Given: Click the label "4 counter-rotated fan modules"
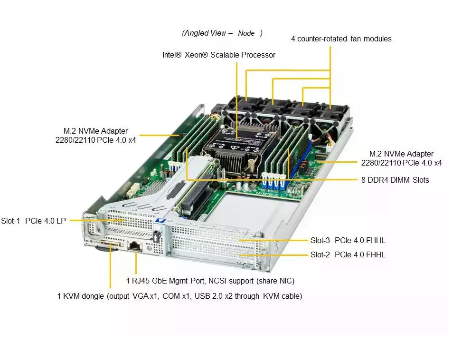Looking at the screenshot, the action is point(341,39).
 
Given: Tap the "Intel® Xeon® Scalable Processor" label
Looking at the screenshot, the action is point(219,55).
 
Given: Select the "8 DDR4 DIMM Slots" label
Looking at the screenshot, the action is point(395,180).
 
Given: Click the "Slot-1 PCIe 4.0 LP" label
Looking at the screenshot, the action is point(33,221).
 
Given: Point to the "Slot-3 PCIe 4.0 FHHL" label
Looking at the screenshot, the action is point(348,240).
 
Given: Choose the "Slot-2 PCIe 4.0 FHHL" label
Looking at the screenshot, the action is point(348,254).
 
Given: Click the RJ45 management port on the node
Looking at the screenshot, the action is point(135,246).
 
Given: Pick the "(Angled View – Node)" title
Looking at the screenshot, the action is point(222,33).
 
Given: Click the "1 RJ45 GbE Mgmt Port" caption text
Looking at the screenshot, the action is point(165,281).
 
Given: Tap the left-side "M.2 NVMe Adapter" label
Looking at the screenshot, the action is point(96,136).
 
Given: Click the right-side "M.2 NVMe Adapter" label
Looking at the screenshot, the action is point(402,158).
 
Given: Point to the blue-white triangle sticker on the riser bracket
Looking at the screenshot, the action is point(160,220).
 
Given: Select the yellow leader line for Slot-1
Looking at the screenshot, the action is point(98,220).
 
